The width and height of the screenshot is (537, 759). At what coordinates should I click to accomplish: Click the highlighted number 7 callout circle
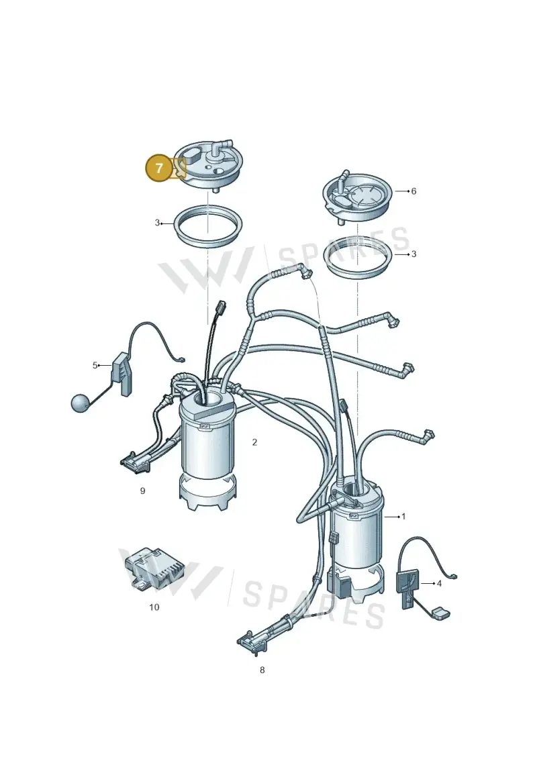point(159,168)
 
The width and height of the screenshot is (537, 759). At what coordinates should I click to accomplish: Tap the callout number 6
point(413,191)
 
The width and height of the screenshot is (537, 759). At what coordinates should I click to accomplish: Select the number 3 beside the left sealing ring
point(157,223)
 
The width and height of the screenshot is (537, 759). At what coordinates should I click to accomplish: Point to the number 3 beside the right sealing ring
point(413,254)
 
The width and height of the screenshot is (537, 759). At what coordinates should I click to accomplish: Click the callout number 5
point(95,366)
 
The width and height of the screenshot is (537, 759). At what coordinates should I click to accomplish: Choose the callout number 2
point(254,442)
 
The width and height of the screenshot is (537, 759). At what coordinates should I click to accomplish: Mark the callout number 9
point(142,491)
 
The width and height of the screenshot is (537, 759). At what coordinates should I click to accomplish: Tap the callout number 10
point(154,607)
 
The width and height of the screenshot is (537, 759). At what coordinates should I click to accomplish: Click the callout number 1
point(403,517)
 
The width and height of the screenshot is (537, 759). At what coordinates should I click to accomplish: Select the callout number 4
point(439,584)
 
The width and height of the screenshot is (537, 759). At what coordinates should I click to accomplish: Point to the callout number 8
point(262,670)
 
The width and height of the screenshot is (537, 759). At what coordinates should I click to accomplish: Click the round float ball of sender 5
point(81,403)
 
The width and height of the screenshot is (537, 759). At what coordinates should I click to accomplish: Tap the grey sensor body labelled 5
point(124,374)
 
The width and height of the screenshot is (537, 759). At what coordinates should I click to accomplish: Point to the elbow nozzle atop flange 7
point(224,145)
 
